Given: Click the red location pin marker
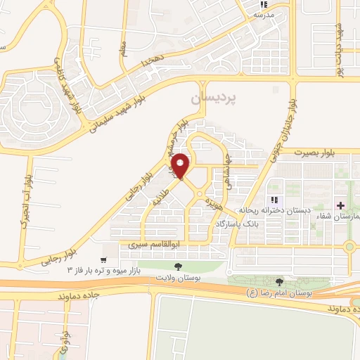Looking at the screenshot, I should tap(181, 165).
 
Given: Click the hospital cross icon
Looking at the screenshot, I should tap(341, 206).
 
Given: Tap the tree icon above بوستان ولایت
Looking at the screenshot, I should tap(176, 266).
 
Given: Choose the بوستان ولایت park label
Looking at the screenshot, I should tap(176, 279).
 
